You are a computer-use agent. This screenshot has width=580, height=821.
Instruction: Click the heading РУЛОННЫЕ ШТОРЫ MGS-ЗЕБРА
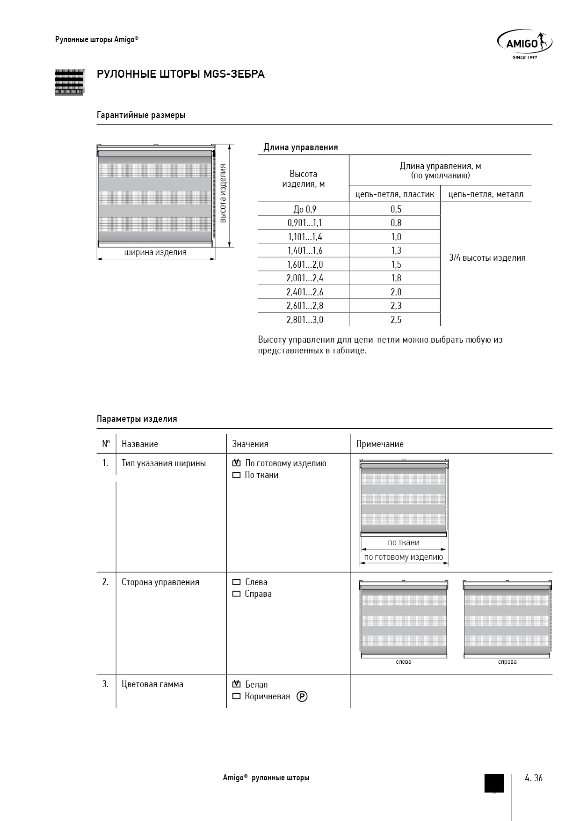pos(181,74)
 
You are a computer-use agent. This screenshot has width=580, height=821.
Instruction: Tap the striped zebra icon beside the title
pos(69,82)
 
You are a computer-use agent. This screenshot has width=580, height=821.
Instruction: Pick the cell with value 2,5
pos(396,320)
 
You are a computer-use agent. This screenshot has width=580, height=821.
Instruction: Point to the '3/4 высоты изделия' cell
pos(487,258)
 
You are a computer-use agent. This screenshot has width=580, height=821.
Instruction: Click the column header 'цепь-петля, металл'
pos(486,194)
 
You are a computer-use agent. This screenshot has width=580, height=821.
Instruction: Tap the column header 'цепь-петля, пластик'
pos(395,194)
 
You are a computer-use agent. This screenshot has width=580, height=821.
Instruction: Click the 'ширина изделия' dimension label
pos(155,253)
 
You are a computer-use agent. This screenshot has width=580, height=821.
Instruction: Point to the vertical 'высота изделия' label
pos(224,193)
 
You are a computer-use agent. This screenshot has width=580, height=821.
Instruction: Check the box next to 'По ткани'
pos(236,475)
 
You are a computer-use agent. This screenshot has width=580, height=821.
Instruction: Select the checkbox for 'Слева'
pos(236,582)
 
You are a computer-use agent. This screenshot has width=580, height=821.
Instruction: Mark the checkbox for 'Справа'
pos(236,594)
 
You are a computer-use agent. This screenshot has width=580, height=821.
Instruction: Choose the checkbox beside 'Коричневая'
pos(236,696)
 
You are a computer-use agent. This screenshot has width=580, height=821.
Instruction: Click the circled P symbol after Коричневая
pos(302,696)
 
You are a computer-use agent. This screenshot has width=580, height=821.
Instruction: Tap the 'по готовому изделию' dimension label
pos(403,557)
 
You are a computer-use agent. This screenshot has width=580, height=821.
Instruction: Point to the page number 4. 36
pos(534,778)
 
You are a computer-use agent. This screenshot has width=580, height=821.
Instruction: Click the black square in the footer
pos(494,783)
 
